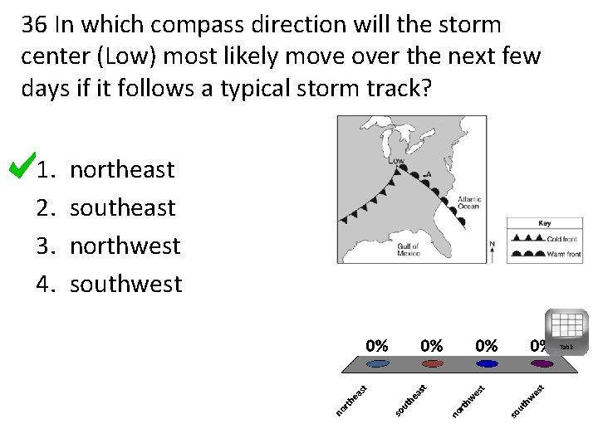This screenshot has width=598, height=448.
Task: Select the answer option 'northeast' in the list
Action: (x=122, y=170)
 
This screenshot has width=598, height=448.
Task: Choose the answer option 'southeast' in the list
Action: (x=122, y=207)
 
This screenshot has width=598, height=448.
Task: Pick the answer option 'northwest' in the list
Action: (x=125, y=246)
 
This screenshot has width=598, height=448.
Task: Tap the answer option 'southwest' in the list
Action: (x=125, y=285)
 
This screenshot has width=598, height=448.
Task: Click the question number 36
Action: (x=34, y=26)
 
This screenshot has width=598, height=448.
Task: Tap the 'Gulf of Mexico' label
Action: (x=408, y=250)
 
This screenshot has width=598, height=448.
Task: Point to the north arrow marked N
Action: (x=493, y=250)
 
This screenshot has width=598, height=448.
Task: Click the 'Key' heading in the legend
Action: (x=544, y=223)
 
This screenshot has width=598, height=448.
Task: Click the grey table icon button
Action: (x=566, y=327)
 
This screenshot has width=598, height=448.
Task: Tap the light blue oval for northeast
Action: (x=378, y=363)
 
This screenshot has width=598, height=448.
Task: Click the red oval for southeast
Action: (x=432, y=363)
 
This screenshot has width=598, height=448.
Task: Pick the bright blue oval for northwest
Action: (x=487, y=363)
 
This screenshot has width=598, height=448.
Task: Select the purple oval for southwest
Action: (x=542, y=363)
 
